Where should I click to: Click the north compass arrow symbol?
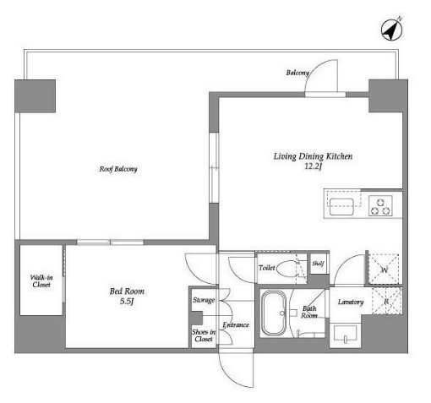coord(392,29)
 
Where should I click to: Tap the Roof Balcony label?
coord(118,169)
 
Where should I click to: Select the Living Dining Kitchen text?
coord(313,156)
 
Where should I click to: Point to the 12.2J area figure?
coord(313,166)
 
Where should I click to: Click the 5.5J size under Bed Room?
coord(127,302)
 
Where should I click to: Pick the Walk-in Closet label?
coord(41,281)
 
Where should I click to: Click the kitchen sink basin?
coord(341,207)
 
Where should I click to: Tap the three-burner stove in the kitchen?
coord(380,206)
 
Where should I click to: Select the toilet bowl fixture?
coord(287,269)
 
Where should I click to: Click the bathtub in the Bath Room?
coord(274,313)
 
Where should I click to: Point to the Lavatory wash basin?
coord(345,335)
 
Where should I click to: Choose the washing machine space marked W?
coord(384,270)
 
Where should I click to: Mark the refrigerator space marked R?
coord(386,301)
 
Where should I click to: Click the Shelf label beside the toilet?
coord(318,264)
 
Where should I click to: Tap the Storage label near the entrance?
coord(204,300)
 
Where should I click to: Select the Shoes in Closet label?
coord(204,335)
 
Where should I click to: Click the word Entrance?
coord(236,325)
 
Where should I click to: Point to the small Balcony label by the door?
coord(297,73)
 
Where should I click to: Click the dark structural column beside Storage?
coord(197,318)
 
